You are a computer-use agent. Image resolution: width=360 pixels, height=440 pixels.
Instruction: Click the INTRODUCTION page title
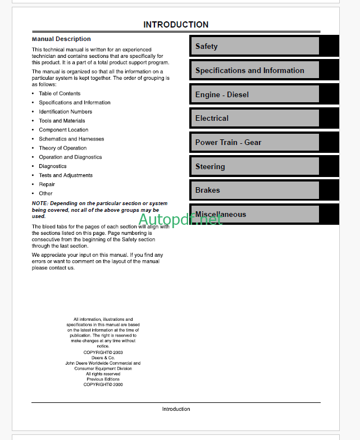176,25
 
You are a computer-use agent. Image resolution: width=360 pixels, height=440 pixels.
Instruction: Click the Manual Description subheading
61,39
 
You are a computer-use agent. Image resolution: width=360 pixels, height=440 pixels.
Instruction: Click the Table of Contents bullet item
60,94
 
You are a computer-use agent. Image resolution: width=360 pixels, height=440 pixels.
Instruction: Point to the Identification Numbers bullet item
65,112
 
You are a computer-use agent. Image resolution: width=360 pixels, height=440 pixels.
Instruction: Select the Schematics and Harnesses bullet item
71,139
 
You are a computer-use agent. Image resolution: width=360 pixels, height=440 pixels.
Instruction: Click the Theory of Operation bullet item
63,148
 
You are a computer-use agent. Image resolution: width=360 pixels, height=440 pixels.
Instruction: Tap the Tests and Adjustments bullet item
66,175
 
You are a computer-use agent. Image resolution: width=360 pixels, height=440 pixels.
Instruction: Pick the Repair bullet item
47,184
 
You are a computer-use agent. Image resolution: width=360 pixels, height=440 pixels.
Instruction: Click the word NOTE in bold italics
40,203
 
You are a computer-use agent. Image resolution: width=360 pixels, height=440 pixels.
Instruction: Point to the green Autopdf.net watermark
180,220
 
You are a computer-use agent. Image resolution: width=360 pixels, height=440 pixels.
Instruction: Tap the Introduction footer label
176,409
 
